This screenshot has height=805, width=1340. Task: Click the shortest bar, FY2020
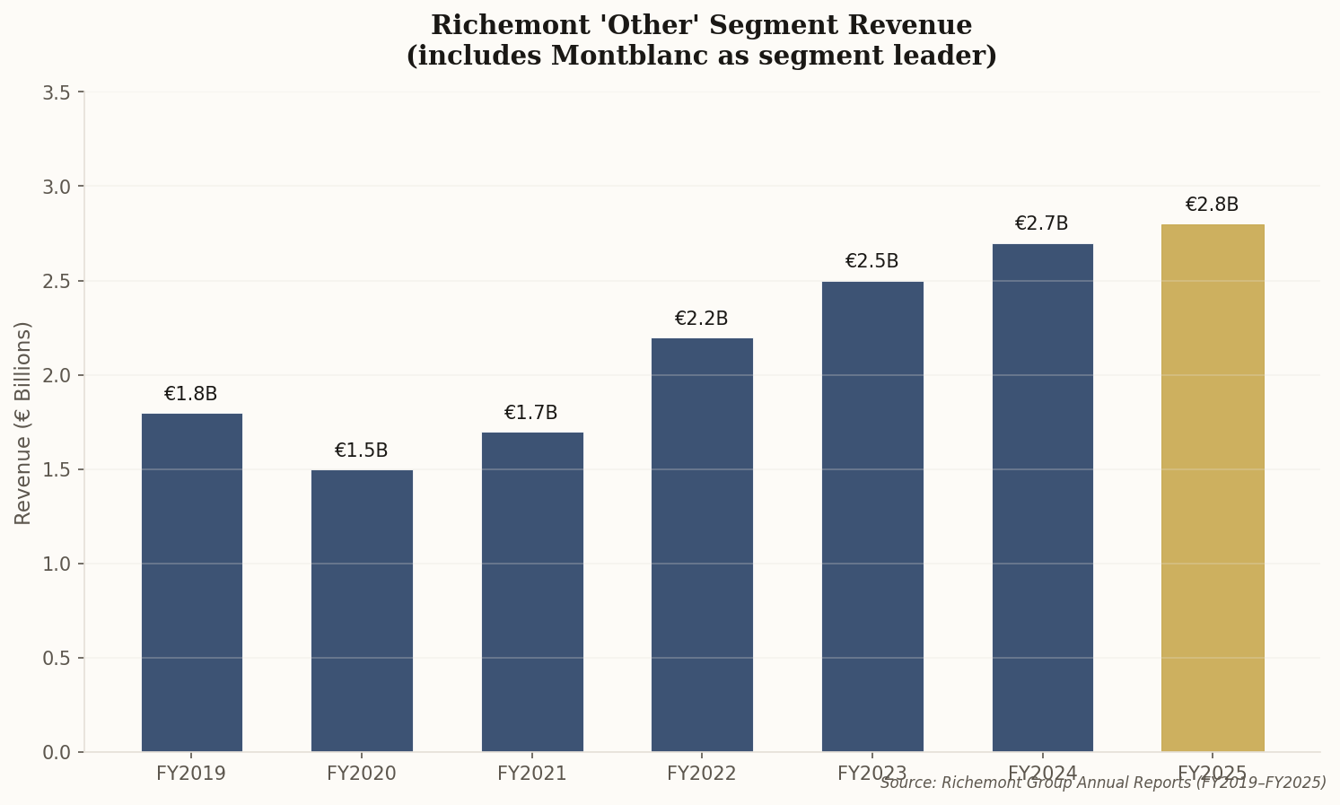pyautogui.click(x=362, y=610)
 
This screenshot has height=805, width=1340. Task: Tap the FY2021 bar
pyautogui.click(x=532, y=591)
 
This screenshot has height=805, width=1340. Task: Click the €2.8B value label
pyautogui.click(x=1212, y=205)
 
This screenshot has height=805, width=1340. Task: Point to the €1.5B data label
pyautogui.click(x=361, y=451)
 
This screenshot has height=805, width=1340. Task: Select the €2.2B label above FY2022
pyautogui.click(x=701, y=319)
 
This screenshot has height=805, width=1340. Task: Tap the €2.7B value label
pyautogui.click(x=1041, y=223)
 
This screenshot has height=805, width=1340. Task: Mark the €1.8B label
pyautogui.click(x=190, y=394)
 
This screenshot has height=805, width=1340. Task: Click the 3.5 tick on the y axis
pyautogui.click(x=57, y=92)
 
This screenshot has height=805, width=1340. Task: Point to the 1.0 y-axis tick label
pyautogui.click(x=57, y=564)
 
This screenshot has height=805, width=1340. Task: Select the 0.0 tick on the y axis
pyautogui.click(x=57, y=752)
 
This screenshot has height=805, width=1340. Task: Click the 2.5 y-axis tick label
pyautogui.click(x=57, y=281)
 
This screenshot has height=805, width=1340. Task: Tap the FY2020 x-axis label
pyautogui.click(x=361, y=774)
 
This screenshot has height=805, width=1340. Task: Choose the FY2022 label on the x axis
pyautogui.click(x=701, y=774)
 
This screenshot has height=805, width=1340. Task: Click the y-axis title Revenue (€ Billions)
pyautogui.click(x=23, y=423)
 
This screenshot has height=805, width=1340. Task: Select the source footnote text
pyautogui.click(x=1102, y=783)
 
